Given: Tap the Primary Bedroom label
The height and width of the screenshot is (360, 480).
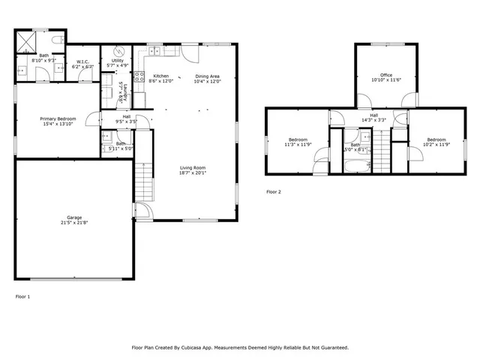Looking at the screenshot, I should [x=58, y=118].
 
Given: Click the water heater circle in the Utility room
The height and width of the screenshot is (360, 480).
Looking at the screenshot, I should [x=118, y=52].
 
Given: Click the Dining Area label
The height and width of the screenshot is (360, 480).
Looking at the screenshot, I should [x=208, y=76].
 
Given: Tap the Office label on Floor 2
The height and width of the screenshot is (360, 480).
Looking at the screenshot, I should [x=386, y=75].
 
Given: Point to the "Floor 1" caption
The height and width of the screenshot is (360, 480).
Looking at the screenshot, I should [x=23, y=297].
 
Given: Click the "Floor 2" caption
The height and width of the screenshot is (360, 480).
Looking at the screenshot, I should [x=274, y=192].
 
